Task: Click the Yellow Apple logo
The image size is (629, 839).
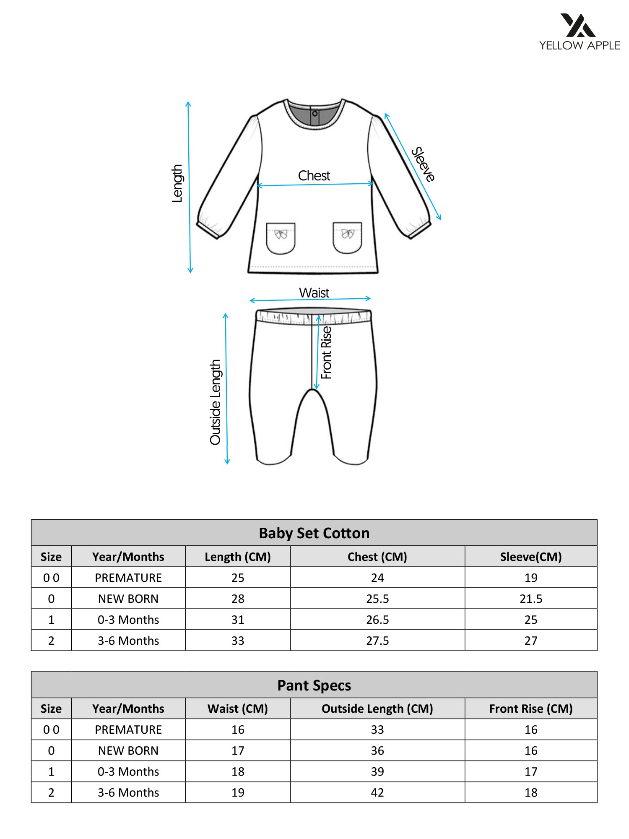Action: [x=579, y=31]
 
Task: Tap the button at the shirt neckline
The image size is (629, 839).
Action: [x=315, y=113]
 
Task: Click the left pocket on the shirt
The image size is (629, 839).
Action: [x=281, y=238]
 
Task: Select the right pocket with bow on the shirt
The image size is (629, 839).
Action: [x=347, y=238]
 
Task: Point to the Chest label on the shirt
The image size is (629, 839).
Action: [x=314, y=176]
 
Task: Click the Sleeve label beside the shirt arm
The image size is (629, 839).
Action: [x=423, y=164]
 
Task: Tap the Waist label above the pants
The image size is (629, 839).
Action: [x=314, y=293]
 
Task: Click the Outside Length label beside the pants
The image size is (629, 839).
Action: [x=215, y=402]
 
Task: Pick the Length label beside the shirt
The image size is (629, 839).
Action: [x=177, y=183]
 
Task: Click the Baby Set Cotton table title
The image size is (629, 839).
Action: [x=314, y=533]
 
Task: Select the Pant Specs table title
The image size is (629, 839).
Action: [x=314, y=685]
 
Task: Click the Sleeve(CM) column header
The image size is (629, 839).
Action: [x=530, y=557]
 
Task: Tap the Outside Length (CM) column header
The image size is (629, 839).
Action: [x=377, y=709]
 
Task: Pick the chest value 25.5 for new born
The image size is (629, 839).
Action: [x=377, y=599]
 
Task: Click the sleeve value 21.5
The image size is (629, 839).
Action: [x=530, y=599]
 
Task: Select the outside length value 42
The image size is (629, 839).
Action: [x=377, y=792]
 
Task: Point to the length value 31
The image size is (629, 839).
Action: [x=238, y=620]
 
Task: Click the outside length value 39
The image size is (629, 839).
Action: [x=377, y=771]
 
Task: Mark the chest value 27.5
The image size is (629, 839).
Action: [x=377, y=641]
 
